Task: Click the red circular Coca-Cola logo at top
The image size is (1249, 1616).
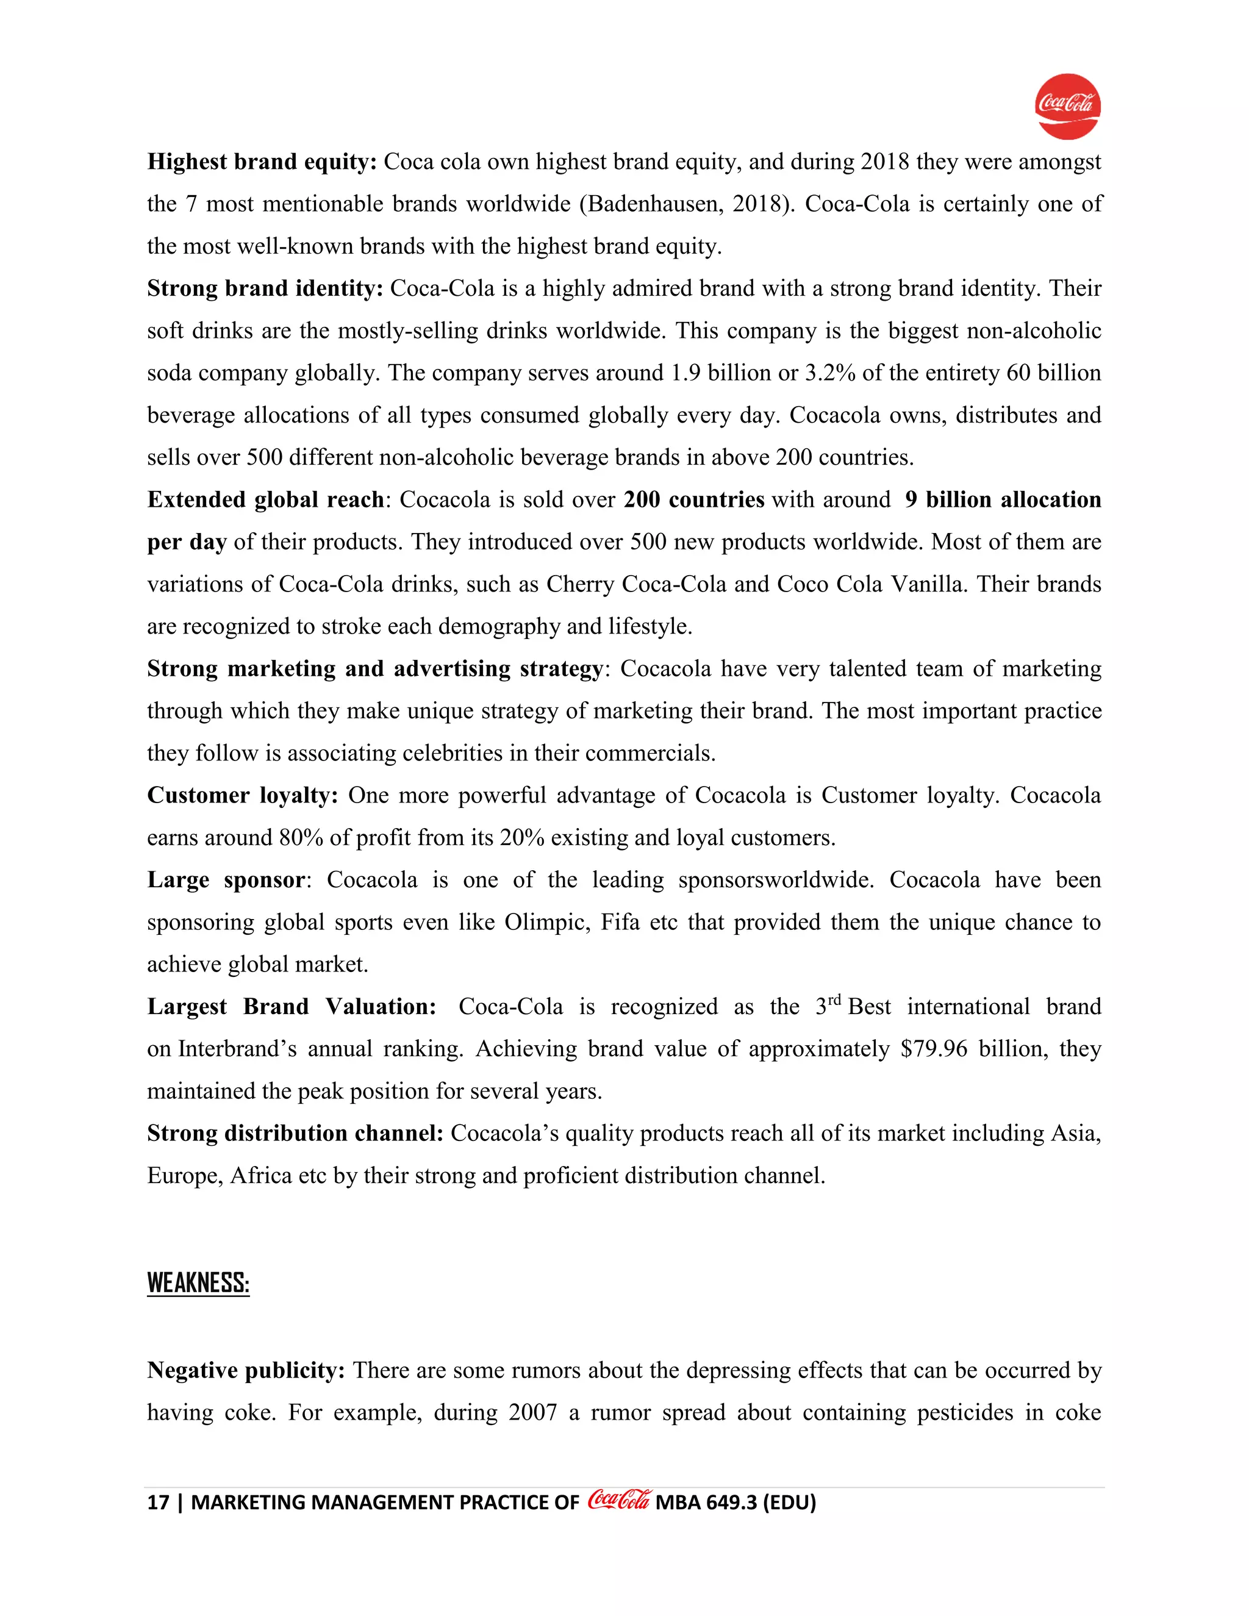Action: click(1067, 107)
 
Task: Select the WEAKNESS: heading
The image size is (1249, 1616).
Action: click(198, 1283)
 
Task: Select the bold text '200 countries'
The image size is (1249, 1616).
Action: click(693, 500)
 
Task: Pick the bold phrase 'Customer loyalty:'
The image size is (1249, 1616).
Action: click(242, 795)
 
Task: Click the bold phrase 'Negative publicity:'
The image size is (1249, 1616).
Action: click(246, 1370)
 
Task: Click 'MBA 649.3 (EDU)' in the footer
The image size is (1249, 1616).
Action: click(735, 1503)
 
